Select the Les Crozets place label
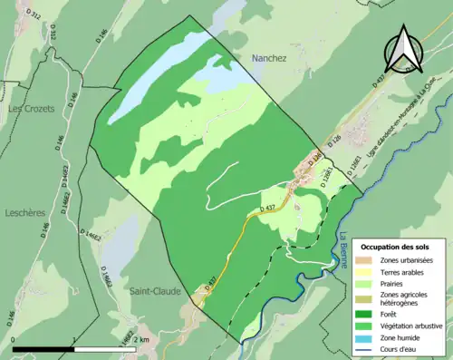[32, 109]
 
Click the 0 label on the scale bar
[14, 339]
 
